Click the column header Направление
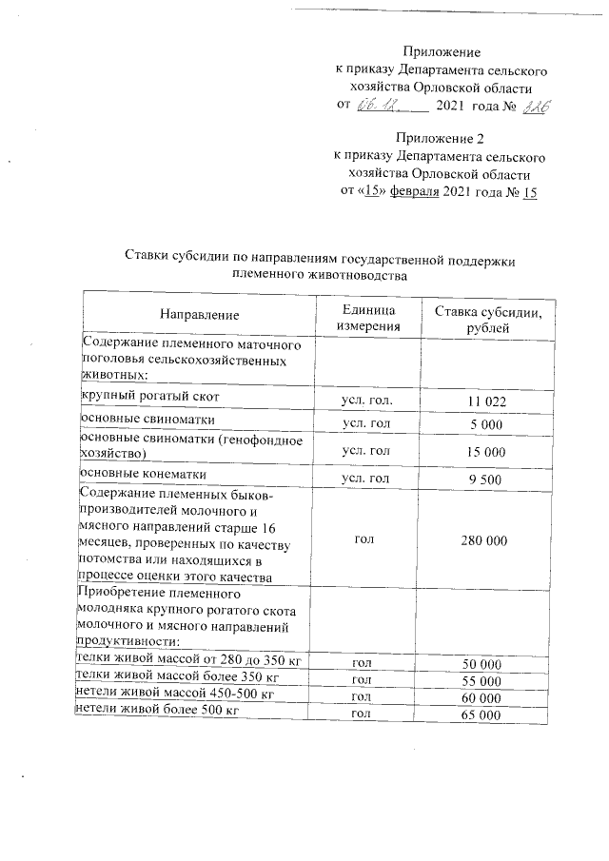(x=199, y=314)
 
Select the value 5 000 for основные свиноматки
(x=487, y=423)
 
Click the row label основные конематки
(x=143, y=473)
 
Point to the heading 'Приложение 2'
(x=440, y=139)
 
